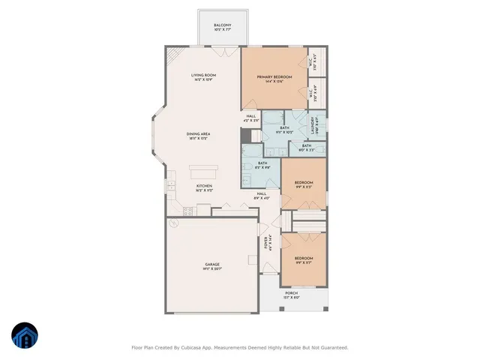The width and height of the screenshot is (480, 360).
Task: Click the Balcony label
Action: pyautogui.click(x=221, y=26)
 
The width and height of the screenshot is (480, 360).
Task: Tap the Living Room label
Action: pyautogui.click(x=203, y=75)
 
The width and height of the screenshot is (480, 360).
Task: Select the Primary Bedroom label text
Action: pyautogui.click(x=274, y=77)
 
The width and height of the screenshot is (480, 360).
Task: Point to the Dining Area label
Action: pyautogui.click(x=198, y=134)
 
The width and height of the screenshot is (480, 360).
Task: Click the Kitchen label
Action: pyautogui.click(x=204, y=186)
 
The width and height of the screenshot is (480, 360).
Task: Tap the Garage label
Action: pyautogui.click(x=212, y=264)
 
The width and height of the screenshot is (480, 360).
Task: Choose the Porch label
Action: pyautogui.click(x=292, y=293)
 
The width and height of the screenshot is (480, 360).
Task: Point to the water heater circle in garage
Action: pyautogui.click(x=173, y=223)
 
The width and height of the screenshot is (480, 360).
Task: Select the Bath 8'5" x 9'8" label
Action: pyautogui.click(x=262, y=165)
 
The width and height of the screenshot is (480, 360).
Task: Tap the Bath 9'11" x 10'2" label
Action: pyautogui.click(x=284, y=129)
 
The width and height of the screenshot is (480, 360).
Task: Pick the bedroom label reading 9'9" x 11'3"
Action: pyautogui.click(x=303, y=184)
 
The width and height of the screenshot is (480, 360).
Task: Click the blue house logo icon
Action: pyautogui.click(x=25, y=336)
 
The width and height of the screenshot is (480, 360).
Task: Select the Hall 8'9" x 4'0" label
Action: pyautogui.click(x=262, y=195)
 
